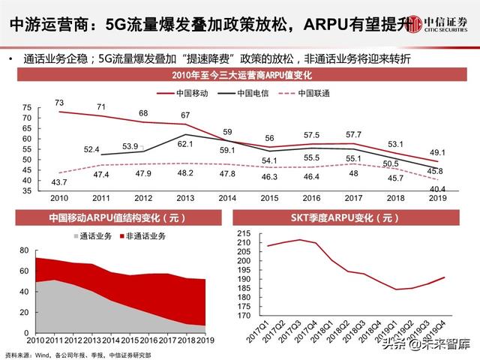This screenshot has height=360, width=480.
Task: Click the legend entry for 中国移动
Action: [x=184, y=94]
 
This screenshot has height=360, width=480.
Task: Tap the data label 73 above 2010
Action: [x=59, y=102]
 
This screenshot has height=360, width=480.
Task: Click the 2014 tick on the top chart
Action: [x=228, y=198]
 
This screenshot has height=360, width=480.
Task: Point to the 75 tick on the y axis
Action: [x=27, y=107]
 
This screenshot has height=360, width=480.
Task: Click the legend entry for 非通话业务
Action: [x=144, y=236]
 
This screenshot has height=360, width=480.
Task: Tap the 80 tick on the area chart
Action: [x=24, y=250]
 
